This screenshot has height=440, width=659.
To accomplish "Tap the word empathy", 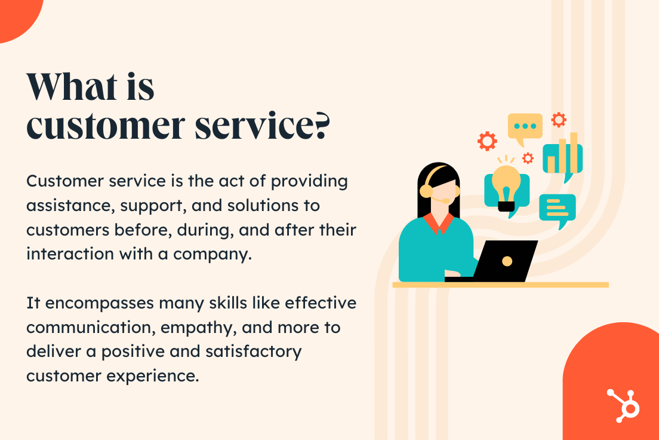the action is tap(198, 328).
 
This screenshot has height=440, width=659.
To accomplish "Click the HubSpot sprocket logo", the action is tap(624, 405).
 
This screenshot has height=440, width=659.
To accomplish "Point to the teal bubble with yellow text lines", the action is tap(558, 210).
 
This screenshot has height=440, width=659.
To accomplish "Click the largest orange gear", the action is tap(487, 141).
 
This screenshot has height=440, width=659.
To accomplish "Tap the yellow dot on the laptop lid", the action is tap(507, 261).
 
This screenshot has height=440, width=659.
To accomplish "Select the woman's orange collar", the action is tap(438, 223).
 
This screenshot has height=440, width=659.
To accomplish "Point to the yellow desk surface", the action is tap(501, 285).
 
